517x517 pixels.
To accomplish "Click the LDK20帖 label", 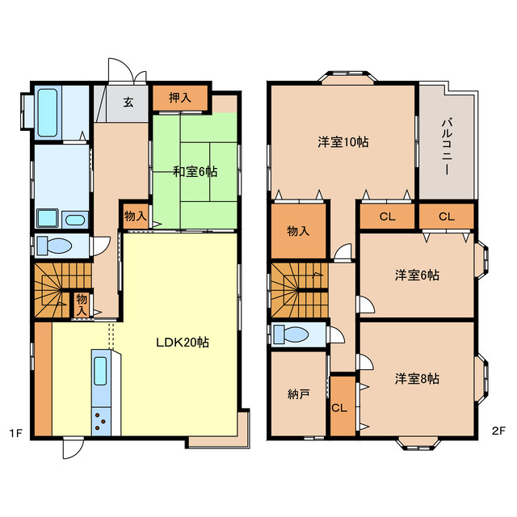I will [x=183, y=343].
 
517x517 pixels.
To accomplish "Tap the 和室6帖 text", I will [x=195, y=171].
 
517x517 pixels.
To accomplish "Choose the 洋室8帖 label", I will [x=417, y=377].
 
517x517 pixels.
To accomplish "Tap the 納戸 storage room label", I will [x=297, y=395].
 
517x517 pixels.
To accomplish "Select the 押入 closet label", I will [x=180, y=98].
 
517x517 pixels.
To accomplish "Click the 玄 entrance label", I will [x=128, y=102].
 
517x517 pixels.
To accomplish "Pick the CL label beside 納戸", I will [x=342, y=407].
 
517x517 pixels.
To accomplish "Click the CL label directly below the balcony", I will [x=446, y=216].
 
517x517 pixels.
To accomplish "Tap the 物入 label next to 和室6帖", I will [x=135, y=216].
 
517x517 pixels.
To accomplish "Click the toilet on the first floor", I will [x=58, y=246].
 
